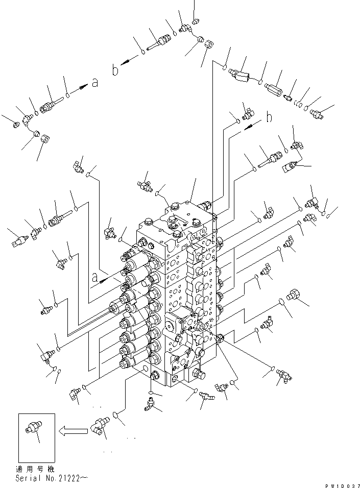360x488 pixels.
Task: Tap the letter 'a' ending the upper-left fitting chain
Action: tap(94, 83)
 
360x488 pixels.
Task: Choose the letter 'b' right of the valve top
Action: tap(269, 117)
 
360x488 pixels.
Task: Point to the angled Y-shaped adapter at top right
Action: tap(241, 74)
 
